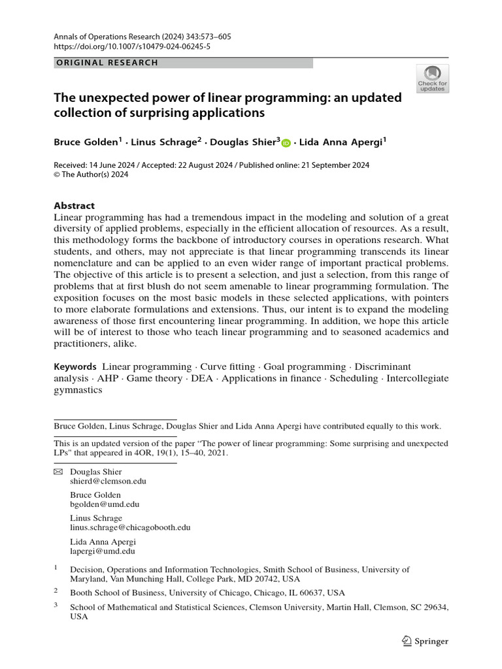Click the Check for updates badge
[x=432, y=78]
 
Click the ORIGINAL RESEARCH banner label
[x=108, y=63]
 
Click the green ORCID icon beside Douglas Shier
[x=286, y=143]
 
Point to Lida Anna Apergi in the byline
[x=339, y=142]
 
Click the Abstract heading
[x=74, y=205]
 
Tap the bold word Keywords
[x=75, y=367]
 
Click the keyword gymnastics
[x=78, y=389]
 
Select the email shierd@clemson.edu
[x=108, y=481]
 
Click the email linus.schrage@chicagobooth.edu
[x=130, y=528]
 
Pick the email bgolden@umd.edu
[x=105, y=504]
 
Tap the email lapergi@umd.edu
[x=103, y=551]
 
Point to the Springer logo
[x=425, y=641]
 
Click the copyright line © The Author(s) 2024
[x=91, y=174]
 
